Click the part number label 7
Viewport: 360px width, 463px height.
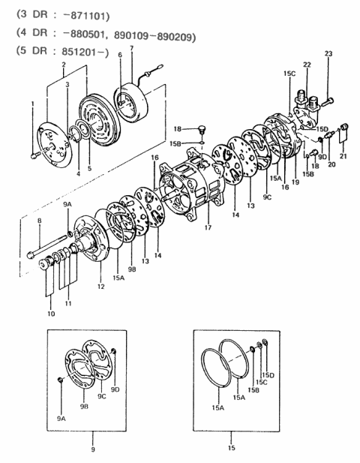(132, 49)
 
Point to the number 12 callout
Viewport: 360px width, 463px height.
(100, 287)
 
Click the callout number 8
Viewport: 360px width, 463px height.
(40, 221)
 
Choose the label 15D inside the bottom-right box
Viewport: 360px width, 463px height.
(268, 374)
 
